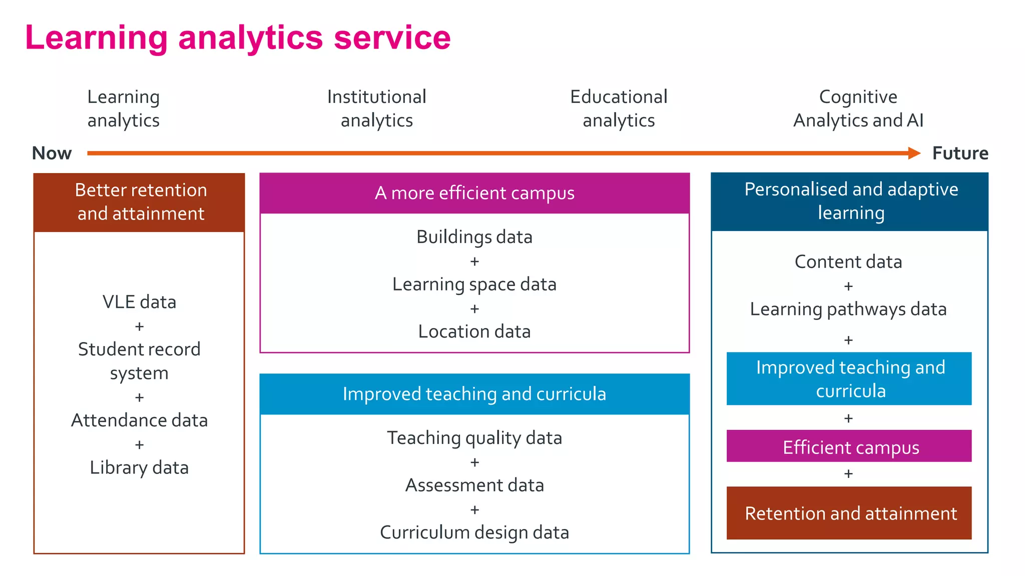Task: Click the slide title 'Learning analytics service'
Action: coord(238,38)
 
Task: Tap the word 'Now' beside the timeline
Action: coord(52,153)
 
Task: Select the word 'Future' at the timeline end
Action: coord(960,153)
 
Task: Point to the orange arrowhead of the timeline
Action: coord(914,153)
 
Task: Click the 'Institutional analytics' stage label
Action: coord(376,108)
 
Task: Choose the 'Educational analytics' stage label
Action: coord(619,108)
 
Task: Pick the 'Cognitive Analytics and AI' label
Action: coord(858,108)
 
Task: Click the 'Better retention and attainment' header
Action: coord(140,202)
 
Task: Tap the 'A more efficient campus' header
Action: coord(474,193)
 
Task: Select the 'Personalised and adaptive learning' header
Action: coord(851,201)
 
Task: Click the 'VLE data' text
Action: coord(139,302)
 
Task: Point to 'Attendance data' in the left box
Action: coord(139,420)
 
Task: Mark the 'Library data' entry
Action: coord(139,468)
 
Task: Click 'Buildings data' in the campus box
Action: coord(474,237)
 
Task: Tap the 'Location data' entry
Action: coord(474,331)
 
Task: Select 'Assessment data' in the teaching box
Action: coord(474,485)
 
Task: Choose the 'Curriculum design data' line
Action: coord(474,532)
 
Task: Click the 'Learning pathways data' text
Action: coord(848,309)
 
